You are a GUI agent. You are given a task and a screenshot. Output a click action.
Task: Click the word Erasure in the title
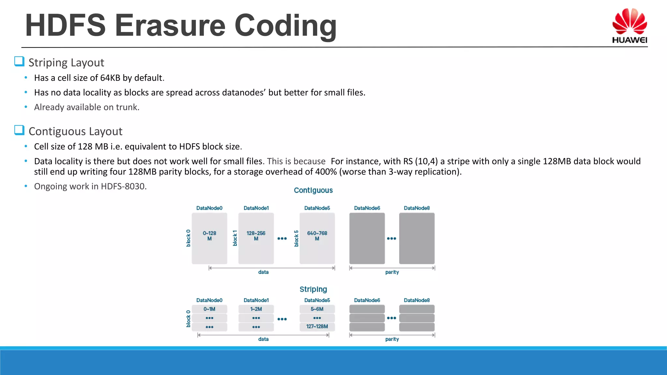click(170, 25)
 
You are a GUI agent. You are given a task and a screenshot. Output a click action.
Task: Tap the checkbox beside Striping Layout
click(19, 62)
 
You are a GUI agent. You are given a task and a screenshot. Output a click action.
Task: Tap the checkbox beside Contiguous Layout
click(19, 130)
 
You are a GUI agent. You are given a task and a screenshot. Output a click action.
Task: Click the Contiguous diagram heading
click(313, 190)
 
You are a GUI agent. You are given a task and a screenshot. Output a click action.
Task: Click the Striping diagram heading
click(313, 289)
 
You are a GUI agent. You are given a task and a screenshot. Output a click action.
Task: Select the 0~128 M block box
click(209, 238)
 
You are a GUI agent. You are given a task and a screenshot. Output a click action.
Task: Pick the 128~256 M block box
click(256, 238)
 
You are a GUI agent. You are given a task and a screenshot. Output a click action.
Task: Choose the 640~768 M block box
click(317, 238)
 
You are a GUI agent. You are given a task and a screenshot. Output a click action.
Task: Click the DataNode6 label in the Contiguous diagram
click(367, 208)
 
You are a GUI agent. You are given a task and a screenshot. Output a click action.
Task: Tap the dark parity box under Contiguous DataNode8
click(417, 238)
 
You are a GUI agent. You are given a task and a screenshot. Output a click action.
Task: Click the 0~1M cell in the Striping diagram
click(209, 309)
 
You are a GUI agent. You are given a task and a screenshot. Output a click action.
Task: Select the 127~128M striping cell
click(317, 326)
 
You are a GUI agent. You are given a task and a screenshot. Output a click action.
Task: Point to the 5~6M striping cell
click(317, 309)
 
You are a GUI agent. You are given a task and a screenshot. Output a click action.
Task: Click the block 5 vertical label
click(296, 238)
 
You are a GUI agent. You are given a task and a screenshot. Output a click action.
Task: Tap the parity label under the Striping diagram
click(392, 339)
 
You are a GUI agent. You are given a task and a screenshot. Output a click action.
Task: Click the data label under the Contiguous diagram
click(263, 272)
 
